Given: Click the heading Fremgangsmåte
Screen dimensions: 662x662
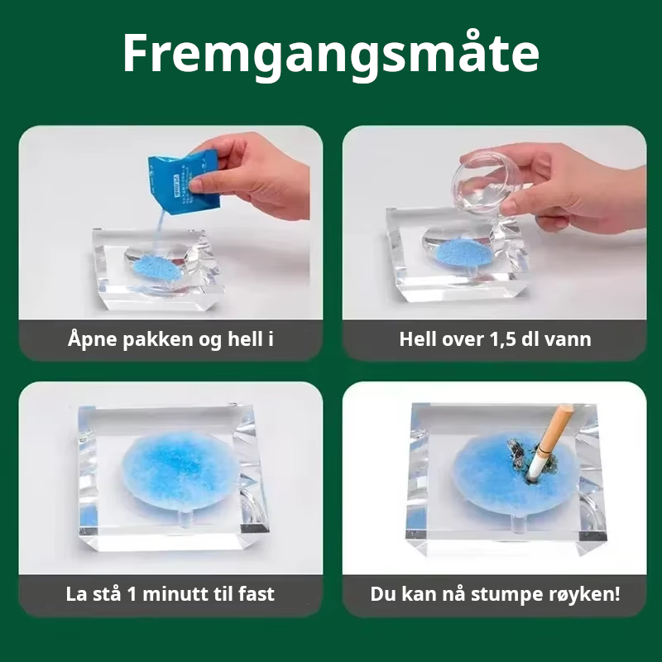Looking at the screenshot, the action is click(x=330, y=55).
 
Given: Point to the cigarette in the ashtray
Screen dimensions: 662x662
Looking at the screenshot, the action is click(x=549, y=444).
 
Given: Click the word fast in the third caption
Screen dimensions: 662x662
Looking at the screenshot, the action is click(x=257, y=594).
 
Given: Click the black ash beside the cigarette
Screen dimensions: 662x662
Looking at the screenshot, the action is click(x=520, y=451).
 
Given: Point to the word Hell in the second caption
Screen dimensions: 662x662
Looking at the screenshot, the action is click(x=417, y=339).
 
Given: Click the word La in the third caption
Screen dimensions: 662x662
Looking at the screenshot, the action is click(x=75, y=594).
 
